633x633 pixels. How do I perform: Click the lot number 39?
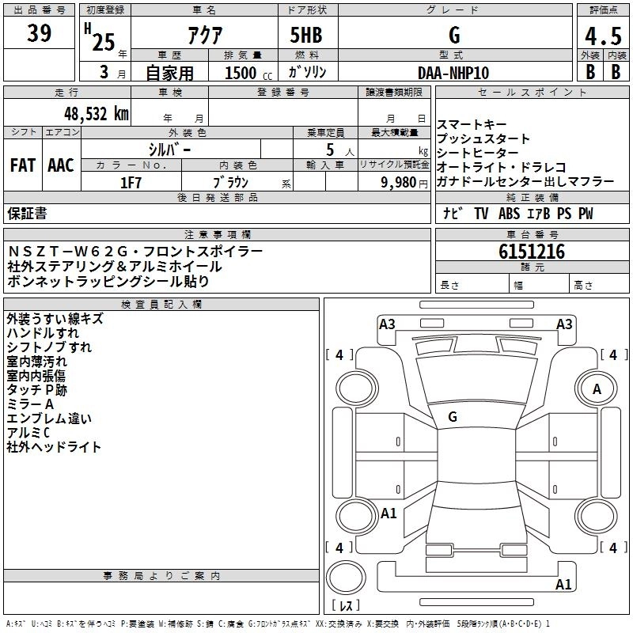[40, 34]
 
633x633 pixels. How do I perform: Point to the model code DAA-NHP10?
[453, 72]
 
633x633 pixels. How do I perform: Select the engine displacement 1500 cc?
[238, 73]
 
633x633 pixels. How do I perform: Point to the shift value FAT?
[22, 165]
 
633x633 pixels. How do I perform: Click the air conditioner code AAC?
[61, 165]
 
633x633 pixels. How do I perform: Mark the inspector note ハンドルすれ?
[43, 333]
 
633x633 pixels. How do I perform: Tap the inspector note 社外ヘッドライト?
[54, 447]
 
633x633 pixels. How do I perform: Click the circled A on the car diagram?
[597, 389]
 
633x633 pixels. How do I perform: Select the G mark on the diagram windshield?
[453, 416]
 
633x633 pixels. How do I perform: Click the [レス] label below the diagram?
[345, 606]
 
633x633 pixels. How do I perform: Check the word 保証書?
[27, 214]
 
